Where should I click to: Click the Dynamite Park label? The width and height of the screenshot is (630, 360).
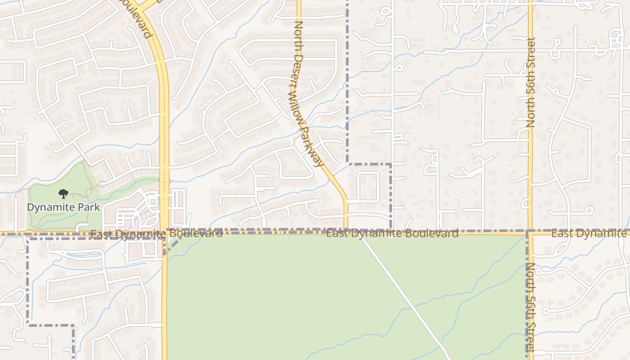63,207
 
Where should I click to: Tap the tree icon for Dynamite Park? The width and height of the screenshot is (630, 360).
63,194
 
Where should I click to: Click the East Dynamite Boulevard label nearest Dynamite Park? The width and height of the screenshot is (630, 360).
156,234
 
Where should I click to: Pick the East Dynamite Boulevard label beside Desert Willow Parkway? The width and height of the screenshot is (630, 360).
392,233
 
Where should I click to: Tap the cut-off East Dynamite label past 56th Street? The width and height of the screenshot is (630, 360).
589,233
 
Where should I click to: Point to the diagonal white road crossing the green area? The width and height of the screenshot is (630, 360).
405,297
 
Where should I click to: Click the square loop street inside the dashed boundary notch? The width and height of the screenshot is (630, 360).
368,186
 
